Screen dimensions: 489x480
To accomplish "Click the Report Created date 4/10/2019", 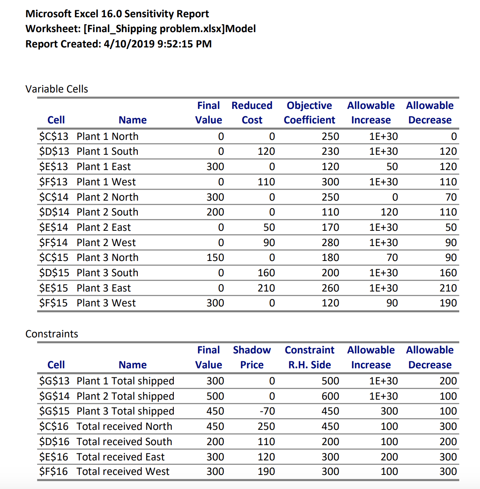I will [x=129, y=44].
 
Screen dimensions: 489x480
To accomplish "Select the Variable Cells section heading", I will [x=57, y=89].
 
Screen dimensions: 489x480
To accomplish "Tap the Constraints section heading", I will [x=52, y=334].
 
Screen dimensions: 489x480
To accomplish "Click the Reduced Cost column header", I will [x=252, y=113].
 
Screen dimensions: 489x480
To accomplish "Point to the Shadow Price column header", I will [x=252, y=357].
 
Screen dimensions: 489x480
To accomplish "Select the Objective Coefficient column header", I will [x=309, y=113].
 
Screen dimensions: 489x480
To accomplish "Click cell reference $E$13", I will [x=53, y=167].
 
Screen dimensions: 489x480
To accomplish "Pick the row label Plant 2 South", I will [x=107, y=212].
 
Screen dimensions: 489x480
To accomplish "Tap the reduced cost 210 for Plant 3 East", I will [x=266, y=288].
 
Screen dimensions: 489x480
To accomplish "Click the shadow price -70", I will [x=267, y=411].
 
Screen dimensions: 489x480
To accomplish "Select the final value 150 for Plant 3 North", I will [x=215, y=257].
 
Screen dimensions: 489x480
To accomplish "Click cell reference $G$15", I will [x=54, y=411].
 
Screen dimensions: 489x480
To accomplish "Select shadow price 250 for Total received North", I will [x=266, y=426].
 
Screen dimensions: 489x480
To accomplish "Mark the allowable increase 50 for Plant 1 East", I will [x=392, y=167].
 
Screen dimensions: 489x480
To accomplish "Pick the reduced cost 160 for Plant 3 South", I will [x=266, y=273].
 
